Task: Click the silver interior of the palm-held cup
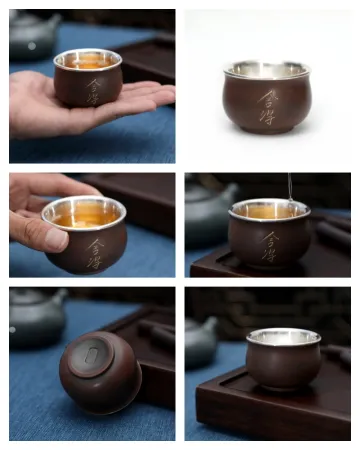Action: [x=88, y=60]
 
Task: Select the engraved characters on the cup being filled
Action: [x=271, y=245]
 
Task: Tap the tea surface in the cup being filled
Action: [x=268, y=212]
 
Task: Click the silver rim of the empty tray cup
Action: [x=284, y=335]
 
